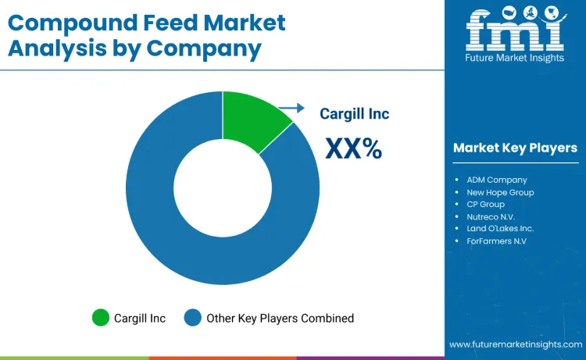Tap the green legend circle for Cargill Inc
[101, 318]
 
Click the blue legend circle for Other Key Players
[192, 318]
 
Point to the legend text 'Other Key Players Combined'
[280, 318]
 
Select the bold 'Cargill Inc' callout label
[354, 114]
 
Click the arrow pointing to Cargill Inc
[291, 109]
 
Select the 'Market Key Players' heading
[515, 148]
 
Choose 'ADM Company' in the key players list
[497, 180]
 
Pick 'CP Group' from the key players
[485, 204]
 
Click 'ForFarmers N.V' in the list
[496, 241]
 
